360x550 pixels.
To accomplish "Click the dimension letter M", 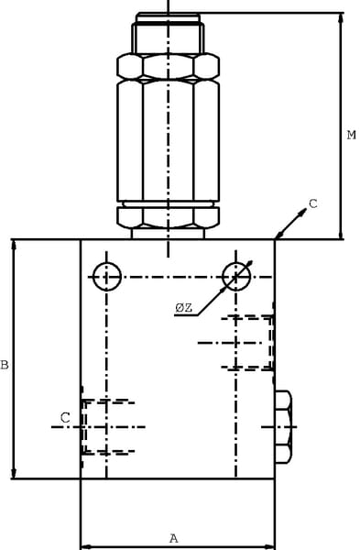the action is coord(351,135).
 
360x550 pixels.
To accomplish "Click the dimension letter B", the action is coord(5,365).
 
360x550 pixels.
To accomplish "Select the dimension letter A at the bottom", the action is coord(174,538).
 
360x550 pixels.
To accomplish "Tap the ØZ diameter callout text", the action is coord(184,308).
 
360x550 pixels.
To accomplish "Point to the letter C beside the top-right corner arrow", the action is coord(312,203).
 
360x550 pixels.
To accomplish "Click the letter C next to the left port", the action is coord(65,418).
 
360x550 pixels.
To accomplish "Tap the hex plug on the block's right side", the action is coord(283,427).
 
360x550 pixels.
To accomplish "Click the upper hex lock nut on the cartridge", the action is coord(169,66).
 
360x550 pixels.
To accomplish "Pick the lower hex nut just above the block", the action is coord(169,217).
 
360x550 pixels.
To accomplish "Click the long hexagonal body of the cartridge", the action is coord(169,140).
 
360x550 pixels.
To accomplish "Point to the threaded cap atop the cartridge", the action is coord(168,33).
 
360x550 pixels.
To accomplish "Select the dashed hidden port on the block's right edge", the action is coord(247,343).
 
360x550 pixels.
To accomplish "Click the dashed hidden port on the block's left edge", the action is coord(108,427).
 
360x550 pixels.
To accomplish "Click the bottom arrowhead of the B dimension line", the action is coord(14,473).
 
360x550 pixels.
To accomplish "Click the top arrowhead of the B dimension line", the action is coord(14,245).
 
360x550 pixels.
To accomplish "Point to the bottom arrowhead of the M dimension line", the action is coord(340,234).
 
